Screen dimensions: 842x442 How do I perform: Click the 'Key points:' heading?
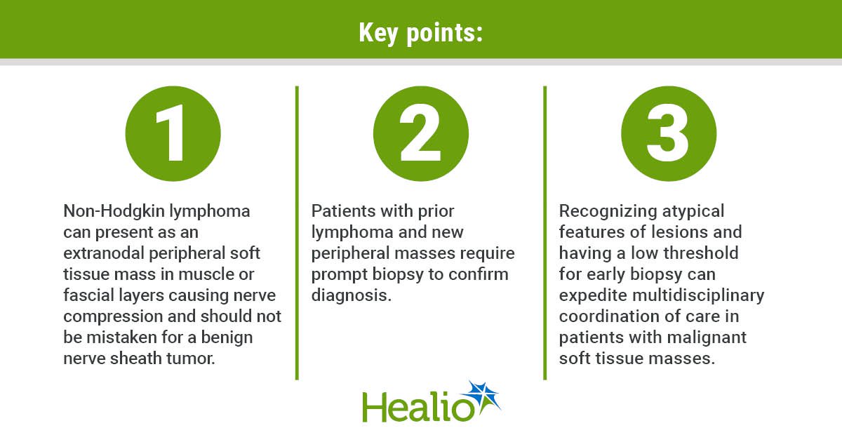420,33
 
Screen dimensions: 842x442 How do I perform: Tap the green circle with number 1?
173,134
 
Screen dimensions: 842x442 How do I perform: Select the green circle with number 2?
421,134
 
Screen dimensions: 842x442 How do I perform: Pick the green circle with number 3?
669,134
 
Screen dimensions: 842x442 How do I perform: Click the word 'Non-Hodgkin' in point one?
114,211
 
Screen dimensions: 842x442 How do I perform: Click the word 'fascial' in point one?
88,295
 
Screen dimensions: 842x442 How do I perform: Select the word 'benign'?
227,338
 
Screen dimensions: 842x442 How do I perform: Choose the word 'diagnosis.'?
351,296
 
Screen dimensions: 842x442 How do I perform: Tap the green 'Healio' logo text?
418,407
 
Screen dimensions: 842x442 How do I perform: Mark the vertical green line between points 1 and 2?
297,233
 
